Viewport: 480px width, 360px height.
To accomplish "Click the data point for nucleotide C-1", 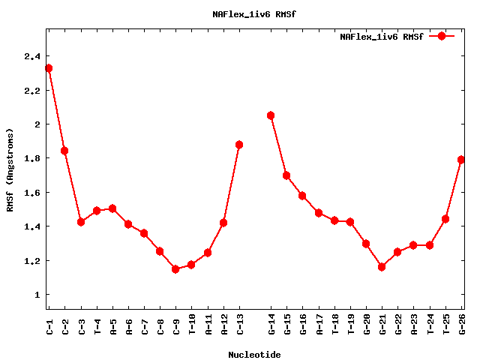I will click(49, 68).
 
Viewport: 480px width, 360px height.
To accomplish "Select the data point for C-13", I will click(239, 145).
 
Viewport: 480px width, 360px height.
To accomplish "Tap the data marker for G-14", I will click(271, 115).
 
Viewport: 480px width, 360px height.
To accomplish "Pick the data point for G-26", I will click(461, 160).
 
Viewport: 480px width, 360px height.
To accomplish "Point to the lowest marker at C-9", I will click(175, 268).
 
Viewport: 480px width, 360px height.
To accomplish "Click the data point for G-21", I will click(382, 266).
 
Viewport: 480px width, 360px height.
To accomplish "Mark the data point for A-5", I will click(112, 208).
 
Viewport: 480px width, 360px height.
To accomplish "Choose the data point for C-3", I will click(81, 222).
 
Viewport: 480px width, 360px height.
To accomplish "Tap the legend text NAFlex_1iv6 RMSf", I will click(381, 36).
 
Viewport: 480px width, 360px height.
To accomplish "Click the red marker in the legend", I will click(442, 36).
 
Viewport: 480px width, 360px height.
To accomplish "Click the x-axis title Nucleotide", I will click(254, 355).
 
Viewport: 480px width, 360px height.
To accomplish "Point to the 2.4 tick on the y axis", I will click(32, 56).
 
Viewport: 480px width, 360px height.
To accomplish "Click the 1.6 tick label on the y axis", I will click(32, 193).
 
